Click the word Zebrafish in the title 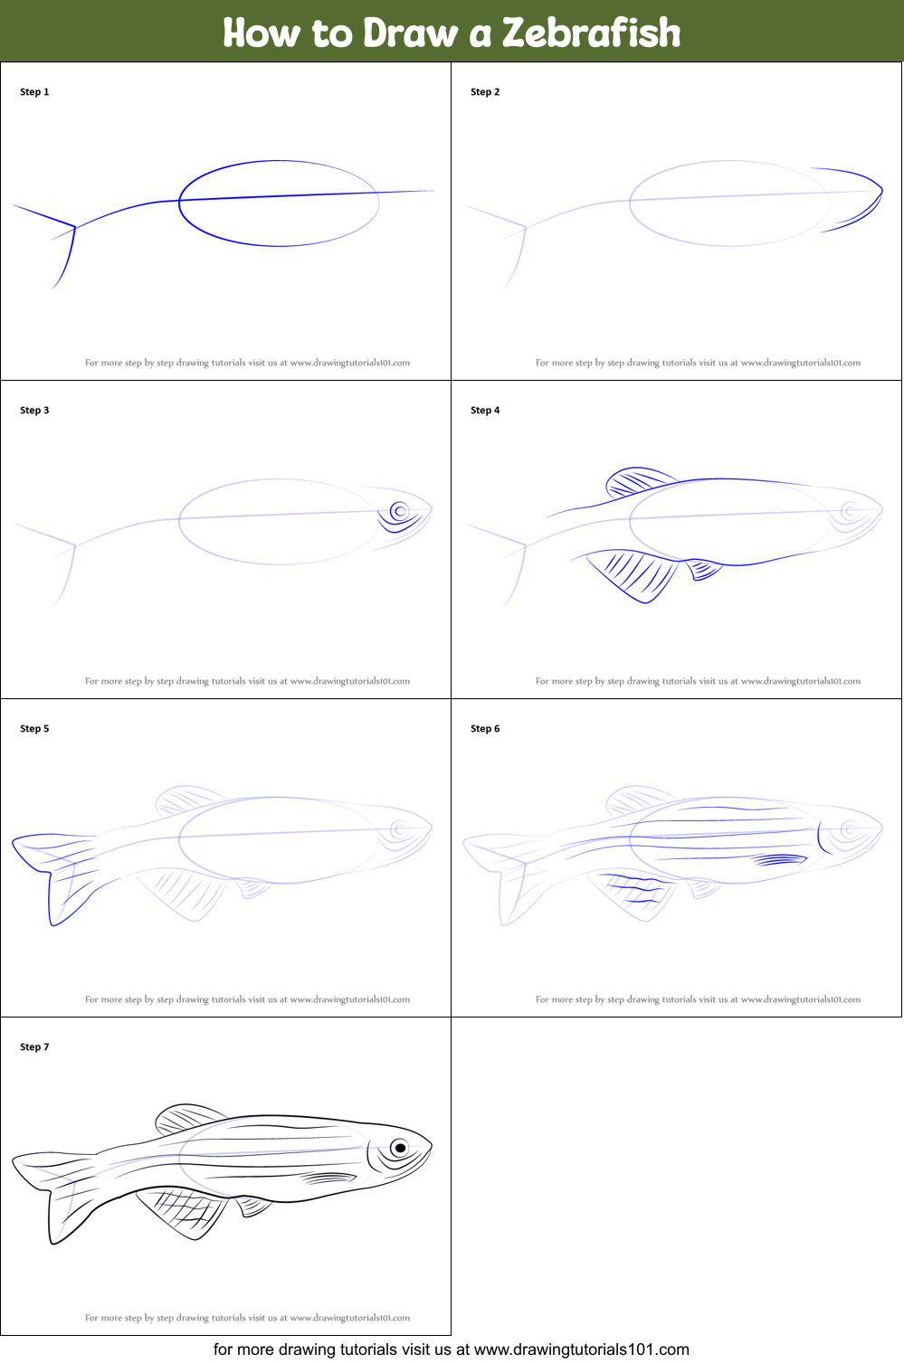[x=591, y=33]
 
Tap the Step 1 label [x=34, y=92]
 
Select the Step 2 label [x=484, y=92]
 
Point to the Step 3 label [x=34, y=410]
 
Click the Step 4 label [x=484, y=410]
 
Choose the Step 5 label [x=34, y=728]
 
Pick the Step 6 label [x=484, y=728]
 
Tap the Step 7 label [x=34, y=1046]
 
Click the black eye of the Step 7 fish [x=400, y=1148]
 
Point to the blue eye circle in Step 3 [x=400, y=511]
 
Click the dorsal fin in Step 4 [x=638, y=482]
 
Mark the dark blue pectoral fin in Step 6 [x=780, y=859]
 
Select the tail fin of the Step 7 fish [x=55, y=1193]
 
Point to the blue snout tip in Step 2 [x=881, y=191]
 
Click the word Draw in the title [x=410, y=33]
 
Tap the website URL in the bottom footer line [x=581, y=1349]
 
